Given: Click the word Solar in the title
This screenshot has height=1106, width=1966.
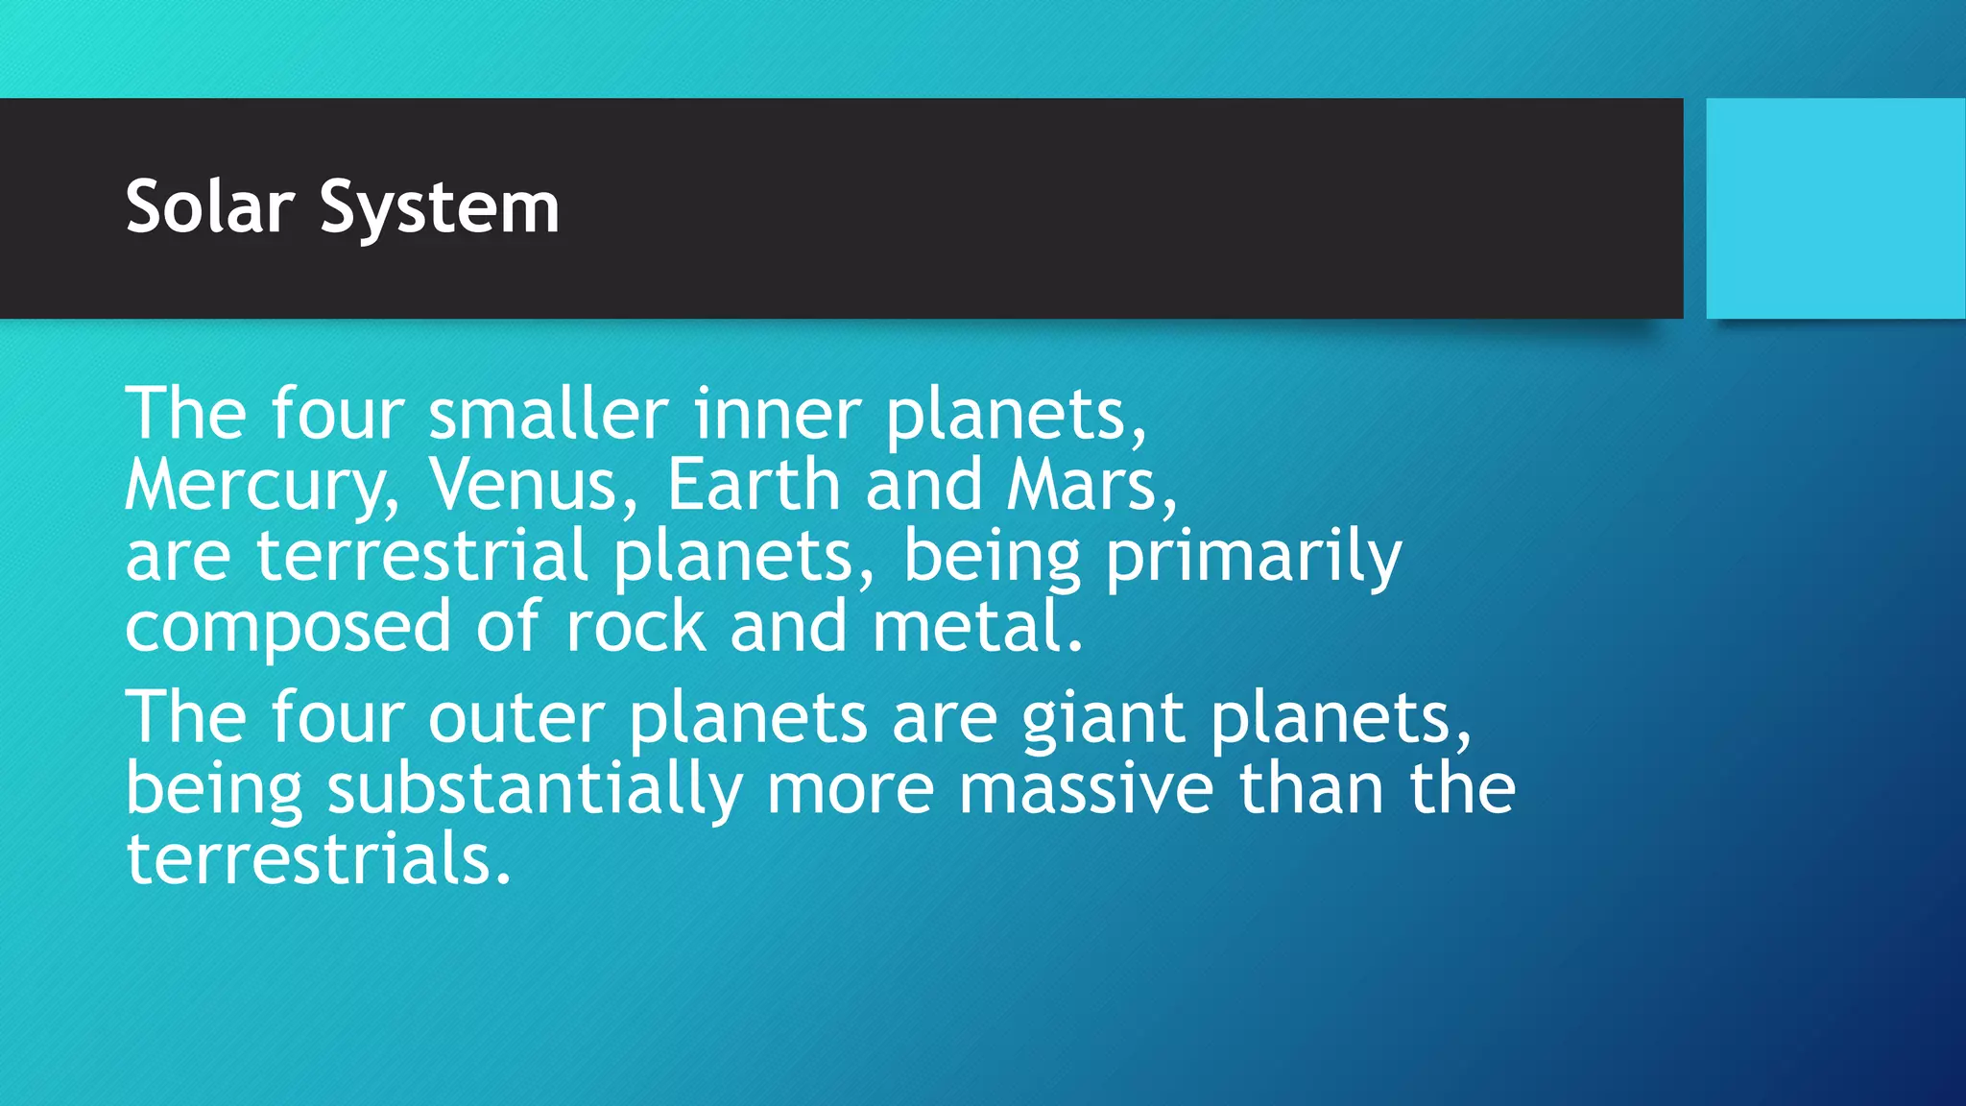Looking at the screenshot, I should pos(209,206).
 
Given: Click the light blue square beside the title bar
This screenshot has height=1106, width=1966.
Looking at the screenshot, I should pos(1834,208).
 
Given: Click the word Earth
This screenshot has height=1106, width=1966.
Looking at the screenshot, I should pos(754,485).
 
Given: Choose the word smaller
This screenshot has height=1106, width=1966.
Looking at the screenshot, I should pos(548,414).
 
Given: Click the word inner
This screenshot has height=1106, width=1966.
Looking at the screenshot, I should pos(777,414).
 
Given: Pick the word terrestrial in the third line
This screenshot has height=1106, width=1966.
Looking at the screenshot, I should pos(421,556).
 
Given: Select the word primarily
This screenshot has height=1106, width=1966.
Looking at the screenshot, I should pos(1253,558).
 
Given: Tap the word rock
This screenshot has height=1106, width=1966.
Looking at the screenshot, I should pos(635,627).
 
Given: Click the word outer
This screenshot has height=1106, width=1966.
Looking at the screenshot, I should pos(515,718).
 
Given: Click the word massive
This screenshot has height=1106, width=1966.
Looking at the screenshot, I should pos(1086,789).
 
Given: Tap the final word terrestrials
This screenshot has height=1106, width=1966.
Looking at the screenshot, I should pos(318,859).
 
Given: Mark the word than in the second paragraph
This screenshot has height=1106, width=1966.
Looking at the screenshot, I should pos(1310,789).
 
